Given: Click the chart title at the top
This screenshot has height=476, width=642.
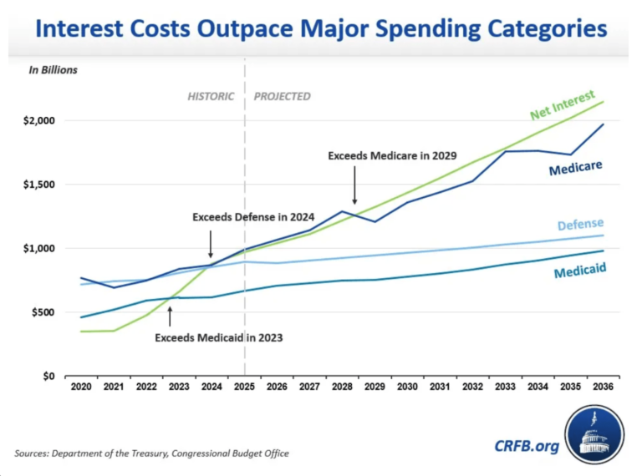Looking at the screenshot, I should click(x=321, y=30).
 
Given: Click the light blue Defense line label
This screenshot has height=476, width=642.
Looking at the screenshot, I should click(x=580, y=225).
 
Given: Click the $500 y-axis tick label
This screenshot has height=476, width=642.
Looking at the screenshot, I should click(x=40, y=312).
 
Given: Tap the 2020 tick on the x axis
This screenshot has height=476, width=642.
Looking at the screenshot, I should click(x=81, y=388).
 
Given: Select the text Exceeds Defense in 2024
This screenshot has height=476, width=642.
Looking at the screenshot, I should click(x=247, y=217).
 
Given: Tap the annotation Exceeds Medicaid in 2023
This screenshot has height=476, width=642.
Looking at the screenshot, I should click(x=219, y=338).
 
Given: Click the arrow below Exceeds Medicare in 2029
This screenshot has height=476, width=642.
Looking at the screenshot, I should click(x=354, y=185).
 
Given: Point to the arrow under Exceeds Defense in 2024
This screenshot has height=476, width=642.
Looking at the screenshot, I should click(x=210, y=245).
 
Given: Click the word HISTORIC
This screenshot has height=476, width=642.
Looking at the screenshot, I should click(x=210, y=96).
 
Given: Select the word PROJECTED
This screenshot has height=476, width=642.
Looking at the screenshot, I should click(x=282, y=96).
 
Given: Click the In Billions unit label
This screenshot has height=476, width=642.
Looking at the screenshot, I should click(x=53, y=70).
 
